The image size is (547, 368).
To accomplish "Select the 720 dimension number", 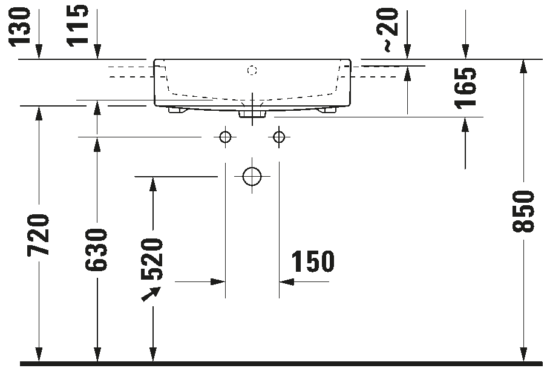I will coord(40,234).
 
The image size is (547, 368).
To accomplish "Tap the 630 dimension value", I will coord(97,250).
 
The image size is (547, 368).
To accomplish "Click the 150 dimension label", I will coord(313,261).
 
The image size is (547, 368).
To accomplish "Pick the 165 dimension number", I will coord(466,88).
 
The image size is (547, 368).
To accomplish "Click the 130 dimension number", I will coord(21,25).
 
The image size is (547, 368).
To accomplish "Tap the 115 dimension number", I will coord(77,25).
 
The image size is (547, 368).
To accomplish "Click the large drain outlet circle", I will coord(251,176).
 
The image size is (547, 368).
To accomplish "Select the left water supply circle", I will coord(225,137).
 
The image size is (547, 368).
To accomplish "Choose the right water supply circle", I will coord(278,137).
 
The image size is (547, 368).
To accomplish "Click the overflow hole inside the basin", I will coord(252,71).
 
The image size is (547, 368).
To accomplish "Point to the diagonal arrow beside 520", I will coord(151,294).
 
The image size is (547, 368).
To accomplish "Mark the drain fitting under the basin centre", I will coord(252,113).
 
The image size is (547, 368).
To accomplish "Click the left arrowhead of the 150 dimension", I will coord(217,282).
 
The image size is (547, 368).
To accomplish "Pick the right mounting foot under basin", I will coord(327,111).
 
